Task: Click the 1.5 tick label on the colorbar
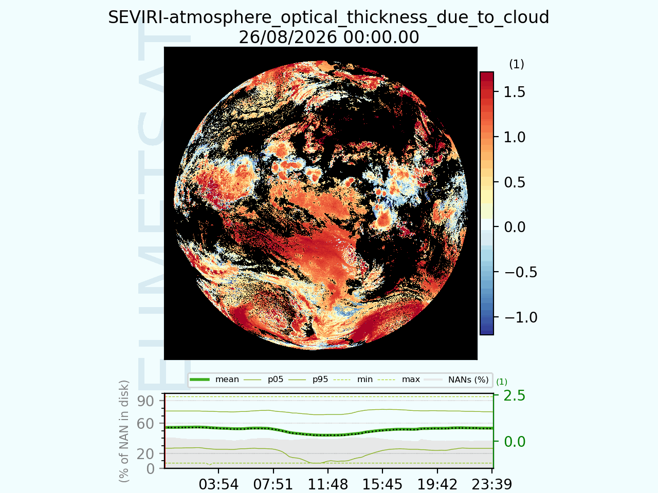coord(515,92)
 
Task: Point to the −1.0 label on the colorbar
coord(521,317)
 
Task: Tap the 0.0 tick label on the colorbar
coord(515,227)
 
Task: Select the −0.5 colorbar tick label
coord(521,272)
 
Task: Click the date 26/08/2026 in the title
coord(288,37)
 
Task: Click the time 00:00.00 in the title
coord(381,37)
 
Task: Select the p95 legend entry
coord(308,380)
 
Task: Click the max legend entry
coord(399,380)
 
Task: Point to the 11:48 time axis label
coord(328,484)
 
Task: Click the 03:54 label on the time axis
coord(218,484)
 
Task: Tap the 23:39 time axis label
coord(492,484)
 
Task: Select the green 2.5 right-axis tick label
coord(515,396)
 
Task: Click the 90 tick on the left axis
coord(145,401)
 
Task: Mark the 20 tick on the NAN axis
coord(145,454)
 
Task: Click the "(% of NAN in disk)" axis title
coord(123,431)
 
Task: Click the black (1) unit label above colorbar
coord(517,64)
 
